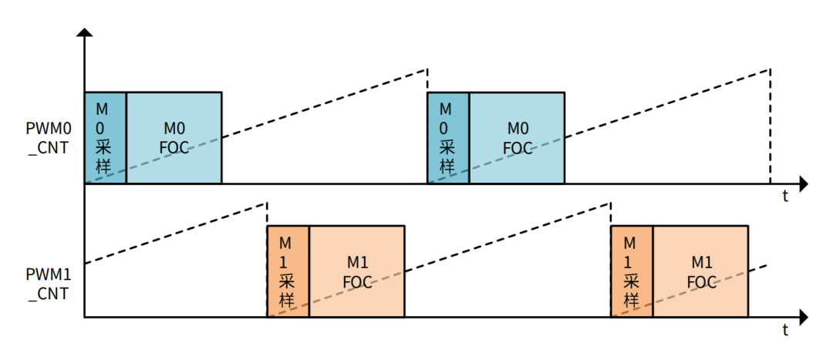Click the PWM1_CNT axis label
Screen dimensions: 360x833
(x=48, y=283)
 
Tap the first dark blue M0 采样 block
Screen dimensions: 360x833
(x=105, y=138)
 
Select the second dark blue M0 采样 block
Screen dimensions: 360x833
(x=448, y=138)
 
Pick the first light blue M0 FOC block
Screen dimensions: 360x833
(x=174, y=138)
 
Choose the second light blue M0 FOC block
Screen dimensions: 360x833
(x=518, y=138)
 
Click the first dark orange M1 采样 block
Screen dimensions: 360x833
(x=288, y=271)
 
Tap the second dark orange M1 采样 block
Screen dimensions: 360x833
(x=632, y=271)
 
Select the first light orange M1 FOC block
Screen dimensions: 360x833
(x=357, y=271)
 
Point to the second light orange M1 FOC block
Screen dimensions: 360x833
(x=700, y=271)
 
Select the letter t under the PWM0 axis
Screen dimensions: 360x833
(x=785, y=197)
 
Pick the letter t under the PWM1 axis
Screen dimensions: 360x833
(x=785, y=331)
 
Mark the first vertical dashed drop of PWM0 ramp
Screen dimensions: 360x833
(x=427, y=80)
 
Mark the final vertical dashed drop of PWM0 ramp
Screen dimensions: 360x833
(x=770, y=127)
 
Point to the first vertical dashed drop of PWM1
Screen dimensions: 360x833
(x=267, y=214)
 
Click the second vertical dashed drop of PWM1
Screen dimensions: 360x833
(x=611, y=214)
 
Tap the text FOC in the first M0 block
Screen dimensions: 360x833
(x=174, y=148)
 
